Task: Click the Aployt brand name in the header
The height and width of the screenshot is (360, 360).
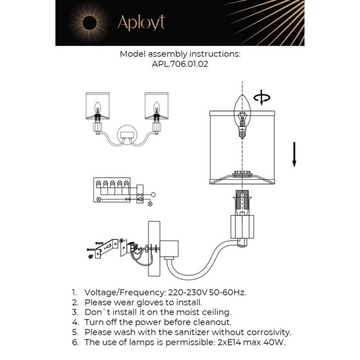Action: [x=141, y=23]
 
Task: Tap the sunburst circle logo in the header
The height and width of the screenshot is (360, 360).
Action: [x=89, y=23]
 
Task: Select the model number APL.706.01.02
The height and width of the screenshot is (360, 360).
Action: [x=180, y=65]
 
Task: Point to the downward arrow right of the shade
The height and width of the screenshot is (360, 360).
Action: [x=295, y=155]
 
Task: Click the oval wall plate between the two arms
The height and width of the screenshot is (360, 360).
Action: [x=127, y=136]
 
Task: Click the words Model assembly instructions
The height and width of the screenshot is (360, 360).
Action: [x=180, y=54]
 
